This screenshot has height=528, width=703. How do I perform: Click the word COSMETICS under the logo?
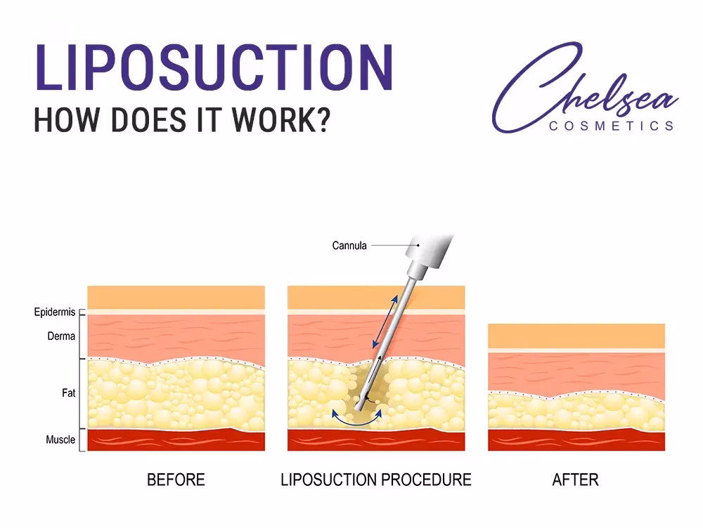611,126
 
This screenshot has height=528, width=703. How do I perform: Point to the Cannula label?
349,246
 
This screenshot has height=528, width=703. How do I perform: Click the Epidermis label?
55,312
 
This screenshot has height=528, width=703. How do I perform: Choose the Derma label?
61,336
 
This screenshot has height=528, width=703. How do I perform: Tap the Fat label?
68,393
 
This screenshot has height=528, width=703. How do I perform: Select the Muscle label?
60,440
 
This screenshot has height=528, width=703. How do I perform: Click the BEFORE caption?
176,480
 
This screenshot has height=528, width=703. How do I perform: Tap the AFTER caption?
576,480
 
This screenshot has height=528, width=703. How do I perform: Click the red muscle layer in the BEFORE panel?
176,440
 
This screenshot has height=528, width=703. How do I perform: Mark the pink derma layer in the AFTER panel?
576,371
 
